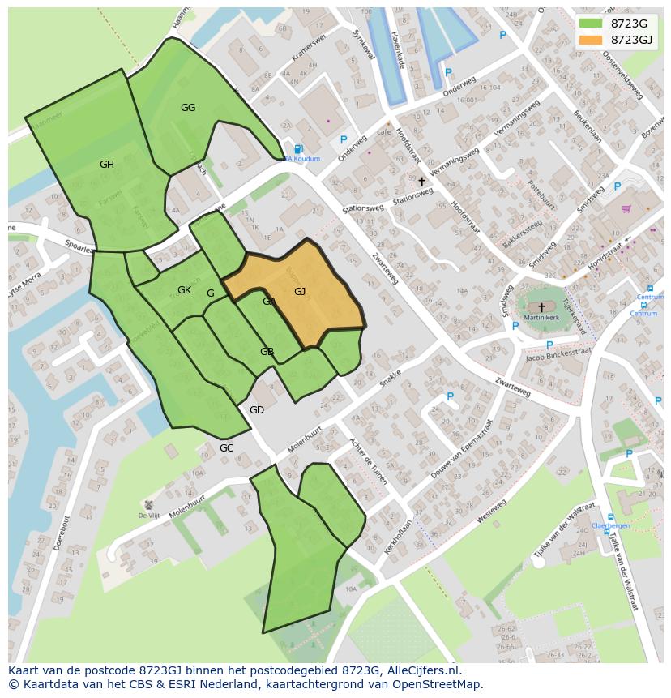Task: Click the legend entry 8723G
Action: tap(629, 24)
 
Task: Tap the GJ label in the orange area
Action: tap(300, 292)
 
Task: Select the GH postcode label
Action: tap(107, 165)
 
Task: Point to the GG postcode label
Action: tap(188, 108)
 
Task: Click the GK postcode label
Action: tap(184, 290)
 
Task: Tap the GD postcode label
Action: tap(257, 410)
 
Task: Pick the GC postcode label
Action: tap(226, 448)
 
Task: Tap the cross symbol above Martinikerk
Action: tap(541, 308)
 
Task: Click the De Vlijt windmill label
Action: tap(147, 516)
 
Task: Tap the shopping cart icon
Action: tap(626, 208)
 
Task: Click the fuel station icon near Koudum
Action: tap(298, 149)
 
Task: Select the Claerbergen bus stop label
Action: tap(610, 525)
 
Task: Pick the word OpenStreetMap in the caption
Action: tap(437, 684)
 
